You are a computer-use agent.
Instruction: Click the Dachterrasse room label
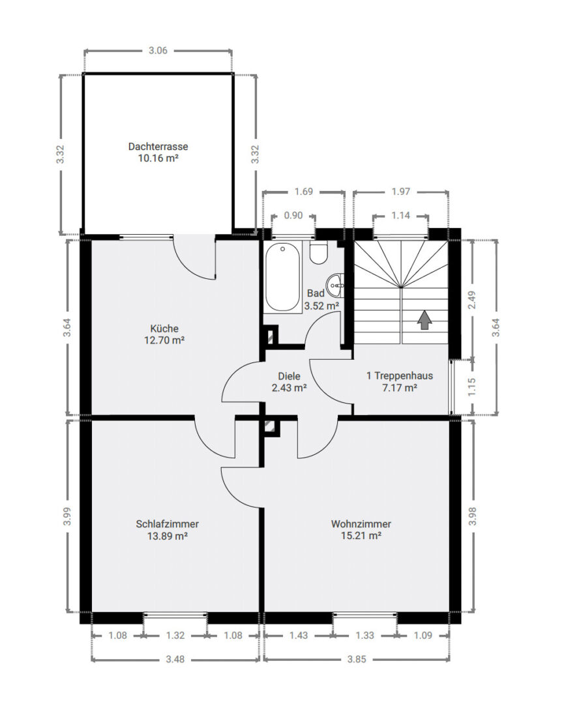(x=158, y=147)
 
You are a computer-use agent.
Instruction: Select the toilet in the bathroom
(x=320, y=253)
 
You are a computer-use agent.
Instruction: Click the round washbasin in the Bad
(x=336, y=285)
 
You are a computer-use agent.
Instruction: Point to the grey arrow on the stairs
(x=424, y=321)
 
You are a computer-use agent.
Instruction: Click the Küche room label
(x=164, y=328)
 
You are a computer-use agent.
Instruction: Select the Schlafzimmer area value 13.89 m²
(x=167, y=536)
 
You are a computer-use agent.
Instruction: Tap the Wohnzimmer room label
(x=361, y=524)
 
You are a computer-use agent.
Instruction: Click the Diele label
(x=290, y=376)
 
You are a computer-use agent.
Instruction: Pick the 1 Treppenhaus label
(x=400, y=376)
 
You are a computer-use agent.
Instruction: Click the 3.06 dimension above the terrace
(x=158, y=50)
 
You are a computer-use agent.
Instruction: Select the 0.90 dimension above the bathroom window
(x=293, y=216)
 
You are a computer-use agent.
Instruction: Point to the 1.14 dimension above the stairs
(x=400, y=216)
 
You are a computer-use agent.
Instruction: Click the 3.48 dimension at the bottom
(x=175, y=659)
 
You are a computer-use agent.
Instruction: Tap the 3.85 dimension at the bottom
(x=357, y=659)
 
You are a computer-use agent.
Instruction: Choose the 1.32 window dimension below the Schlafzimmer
(x=175, y=636)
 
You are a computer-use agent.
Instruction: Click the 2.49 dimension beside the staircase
(x=471, y=300)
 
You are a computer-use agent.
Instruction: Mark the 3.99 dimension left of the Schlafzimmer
(x=67, y=516)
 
